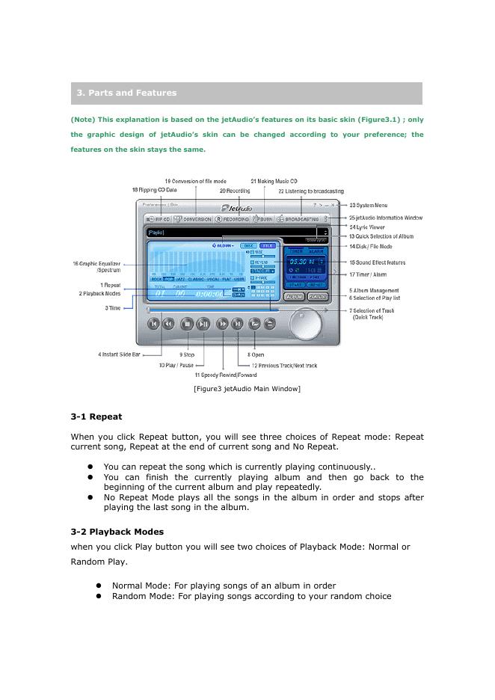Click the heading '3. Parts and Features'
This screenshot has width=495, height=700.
pos(126,93)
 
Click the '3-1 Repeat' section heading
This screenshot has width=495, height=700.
pos(96,417)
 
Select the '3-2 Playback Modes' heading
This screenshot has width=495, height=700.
pos(117,532)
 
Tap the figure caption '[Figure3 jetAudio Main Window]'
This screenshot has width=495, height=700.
pos(247,388)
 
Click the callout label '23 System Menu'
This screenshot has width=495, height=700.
pos(368,205)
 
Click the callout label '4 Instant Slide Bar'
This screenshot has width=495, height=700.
pos(119,354)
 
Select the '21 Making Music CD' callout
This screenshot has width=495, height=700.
pos(274,182)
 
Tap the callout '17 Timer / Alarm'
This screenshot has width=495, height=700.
pos(368,274)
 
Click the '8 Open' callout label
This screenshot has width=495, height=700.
pos(256,354)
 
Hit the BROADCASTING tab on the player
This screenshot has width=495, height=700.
pos(301,219)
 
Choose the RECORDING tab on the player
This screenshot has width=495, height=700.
pos(232,219)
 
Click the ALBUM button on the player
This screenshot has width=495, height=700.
pos(294,297)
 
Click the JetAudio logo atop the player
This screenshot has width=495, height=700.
pos(236,208)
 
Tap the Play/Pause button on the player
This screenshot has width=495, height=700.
pos(203,324)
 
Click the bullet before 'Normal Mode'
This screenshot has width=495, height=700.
pos(98,586)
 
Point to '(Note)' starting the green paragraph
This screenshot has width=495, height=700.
pos(82,119)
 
